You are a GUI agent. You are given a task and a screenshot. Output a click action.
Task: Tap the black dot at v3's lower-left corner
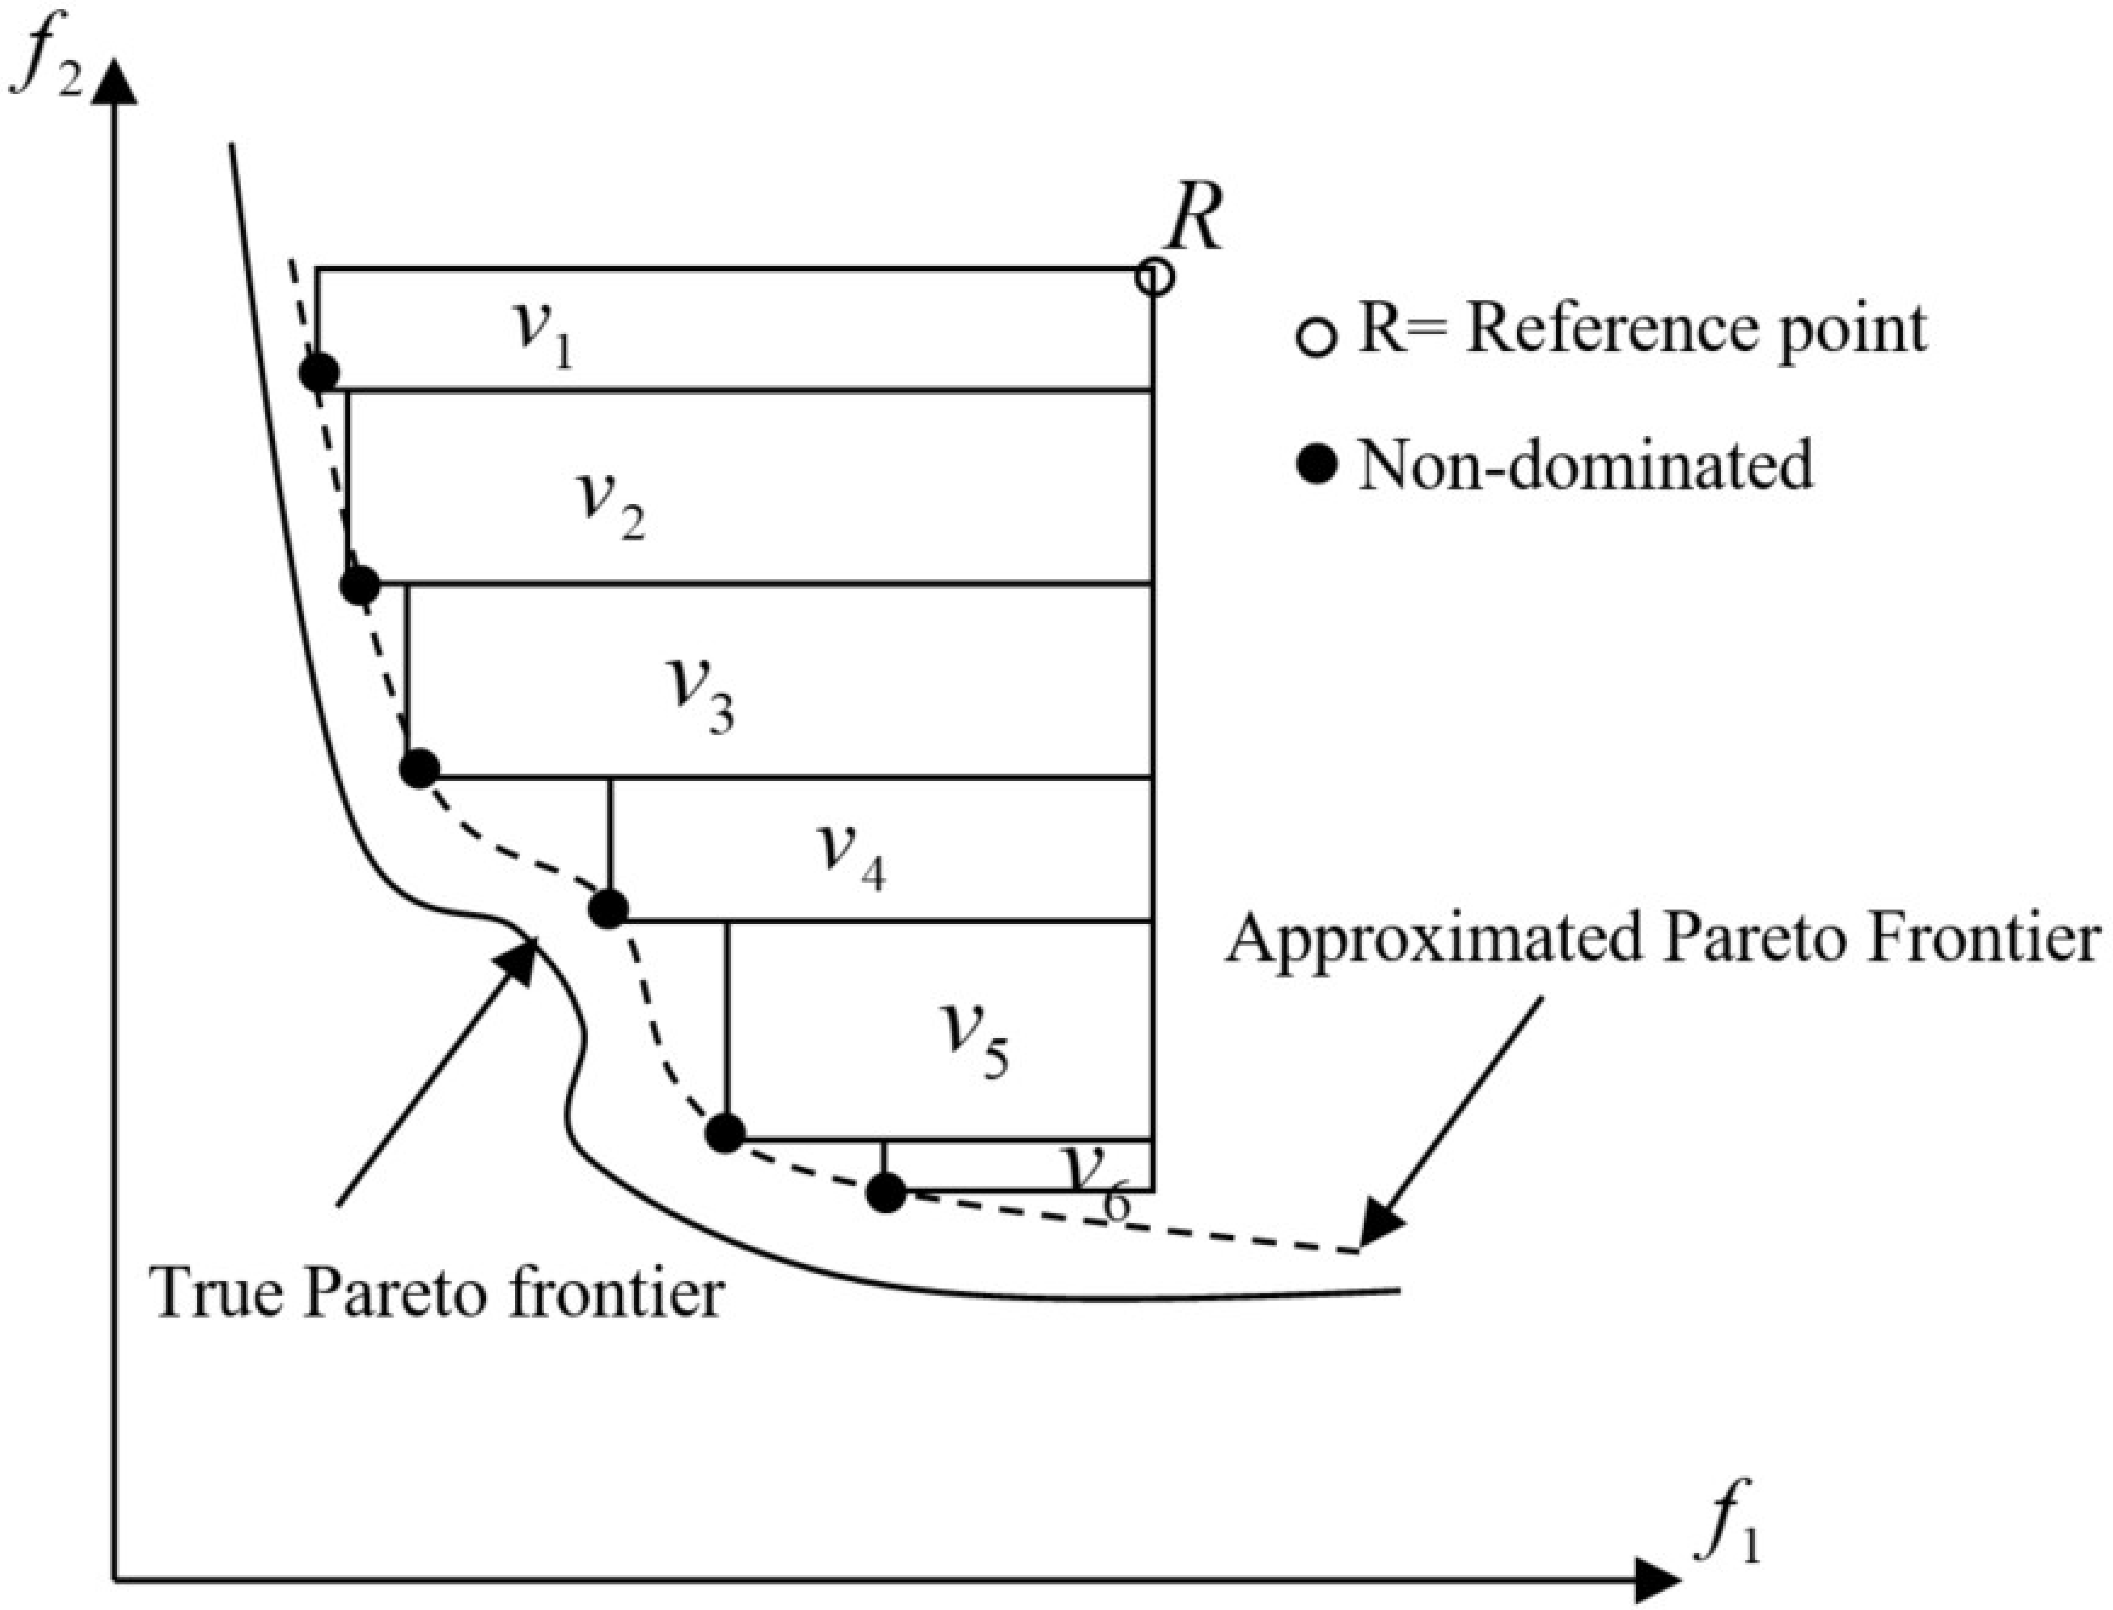pyautogui.click(x=419, y=769)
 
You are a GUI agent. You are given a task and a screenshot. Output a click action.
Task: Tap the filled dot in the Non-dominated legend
pyautogui.click(x=1318, y=467)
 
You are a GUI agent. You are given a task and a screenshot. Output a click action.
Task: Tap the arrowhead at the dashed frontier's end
pyautogui.click(x=1380, y=1232)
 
